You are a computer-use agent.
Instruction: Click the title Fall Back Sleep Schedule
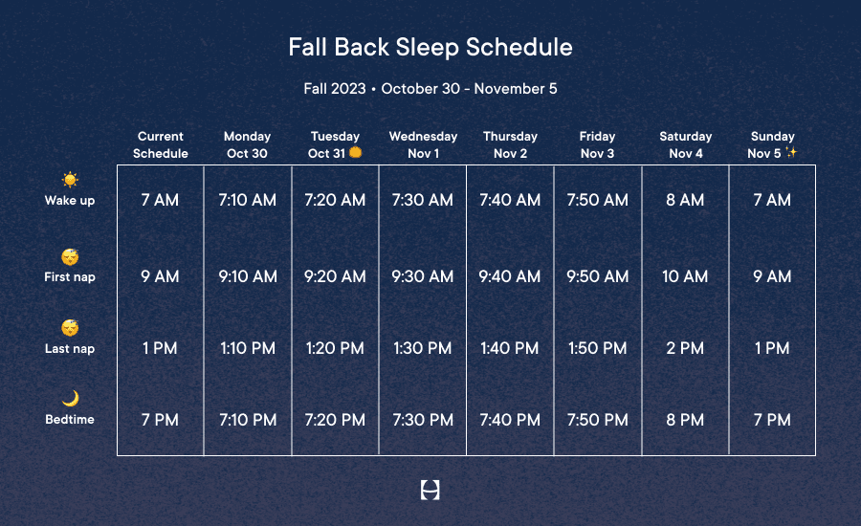[430, 47]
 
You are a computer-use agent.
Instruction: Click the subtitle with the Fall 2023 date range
[430, 88]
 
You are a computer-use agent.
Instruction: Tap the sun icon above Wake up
[70, 180]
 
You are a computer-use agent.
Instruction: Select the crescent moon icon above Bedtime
[70, 398]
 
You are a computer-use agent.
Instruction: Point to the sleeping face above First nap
[70, 256]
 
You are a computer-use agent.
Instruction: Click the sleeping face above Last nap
[70, 327]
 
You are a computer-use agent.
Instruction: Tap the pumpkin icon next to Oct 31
[356, 152]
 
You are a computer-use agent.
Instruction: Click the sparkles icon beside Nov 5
[791, 152]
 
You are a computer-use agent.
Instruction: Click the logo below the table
[430, 490]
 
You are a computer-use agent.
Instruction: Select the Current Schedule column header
[161, 144]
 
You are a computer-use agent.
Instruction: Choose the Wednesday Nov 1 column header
[424, 144]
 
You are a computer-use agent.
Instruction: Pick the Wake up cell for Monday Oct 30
[248, 200]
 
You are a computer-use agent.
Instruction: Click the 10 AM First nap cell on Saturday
[685, 276]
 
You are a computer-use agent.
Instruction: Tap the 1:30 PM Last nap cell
[422, 348]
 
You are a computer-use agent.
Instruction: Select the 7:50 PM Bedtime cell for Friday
[597, 420]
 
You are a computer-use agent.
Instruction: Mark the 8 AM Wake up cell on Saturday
[685, 200]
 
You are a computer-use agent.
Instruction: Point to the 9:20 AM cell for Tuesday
[335, 276]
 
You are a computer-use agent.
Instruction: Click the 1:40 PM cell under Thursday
[510, 348]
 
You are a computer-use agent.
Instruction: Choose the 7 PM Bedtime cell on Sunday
[772, 420]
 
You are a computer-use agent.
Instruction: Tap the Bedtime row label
[70, 420]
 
